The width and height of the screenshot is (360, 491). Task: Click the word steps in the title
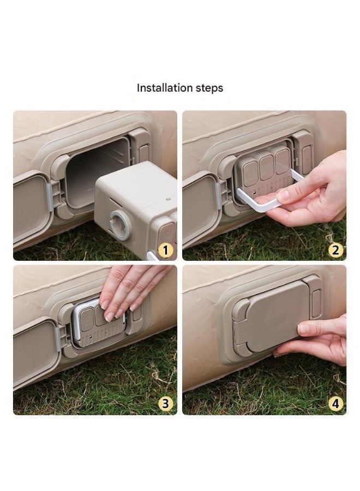click(x=208, y=88)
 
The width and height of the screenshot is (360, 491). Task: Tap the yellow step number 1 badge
click(x=166, y=250)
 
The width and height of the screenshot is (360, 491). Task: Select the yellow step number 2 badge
click(x=335, y=250)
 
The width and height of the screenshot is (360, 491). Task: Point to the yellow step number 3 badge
click(x=166, y=404)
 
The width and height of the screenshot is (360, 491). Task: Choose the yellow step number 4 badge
click(x=335, y=404)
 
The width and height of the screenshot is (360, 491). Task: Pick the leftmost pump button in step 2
click(x=251, y=167)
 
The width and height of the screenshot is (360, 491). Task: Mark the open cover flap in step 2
click(x=200, y=207)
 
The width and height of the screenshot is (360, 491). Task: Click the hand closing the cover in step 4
click(x=325, y=338)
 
